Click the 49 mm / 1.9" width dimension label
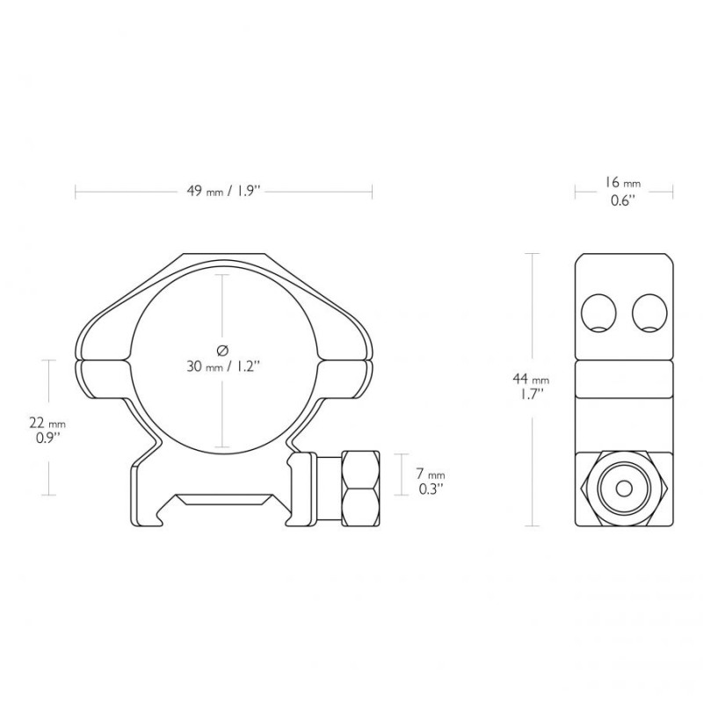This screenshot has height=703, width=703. [x=223, y=192]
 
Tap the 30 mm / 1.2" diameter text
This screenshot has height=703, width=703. [x=223, y=366]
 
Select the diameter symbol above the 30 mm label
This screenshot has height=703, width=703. [x=222, y=349]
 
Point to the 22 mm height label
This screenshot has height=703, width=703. [x=47, y=423]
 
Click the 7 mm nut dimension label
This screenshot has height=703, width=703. [x=430, y=474]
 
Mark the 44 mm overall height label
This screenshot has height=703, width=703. [x=532, y=380]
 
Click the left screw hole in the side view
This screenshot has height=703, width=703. [x=598, y=313]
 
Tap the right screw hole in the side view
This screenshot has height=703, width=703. [x=649, y=313]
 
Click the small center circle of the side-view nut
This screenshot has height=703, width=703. [x=624, y=489]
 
